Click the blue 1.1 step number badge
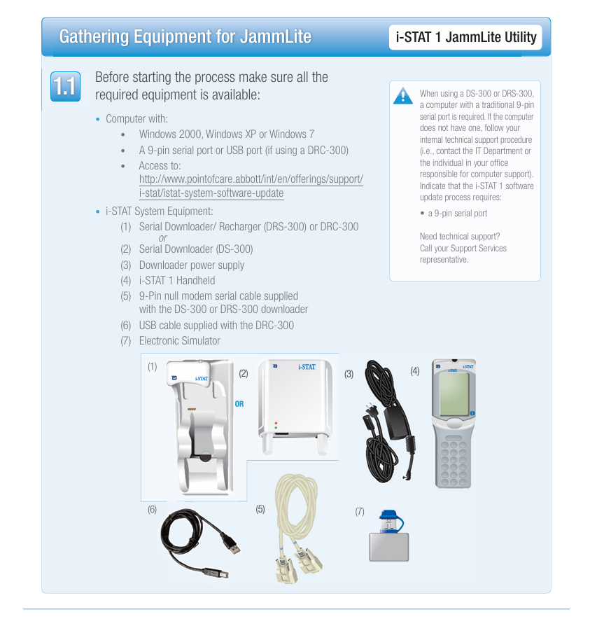point(66,86)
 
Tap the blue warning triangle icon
point(403,95)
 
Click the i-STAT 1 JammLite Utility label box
point(465,37)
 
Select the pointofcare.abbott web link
point(251,186)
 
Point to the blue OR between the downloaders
point(239,404)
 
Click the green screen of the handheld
point(454,394)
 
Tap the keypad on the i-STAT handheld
point(454,462)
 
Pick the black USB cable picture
point(199,543)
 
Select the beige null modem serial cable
point(297,527)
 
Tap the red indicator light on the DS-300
point(276,423)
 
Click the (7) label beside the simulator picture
point(360,512)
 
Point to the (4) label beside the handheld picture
point(415,370)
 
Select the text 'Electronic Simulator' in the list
point(180,341)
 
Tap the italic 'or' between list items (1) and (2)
point(162,238)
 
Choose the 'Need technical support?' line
point(460,236)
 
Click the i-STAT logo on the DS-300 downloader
point(307,367)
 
